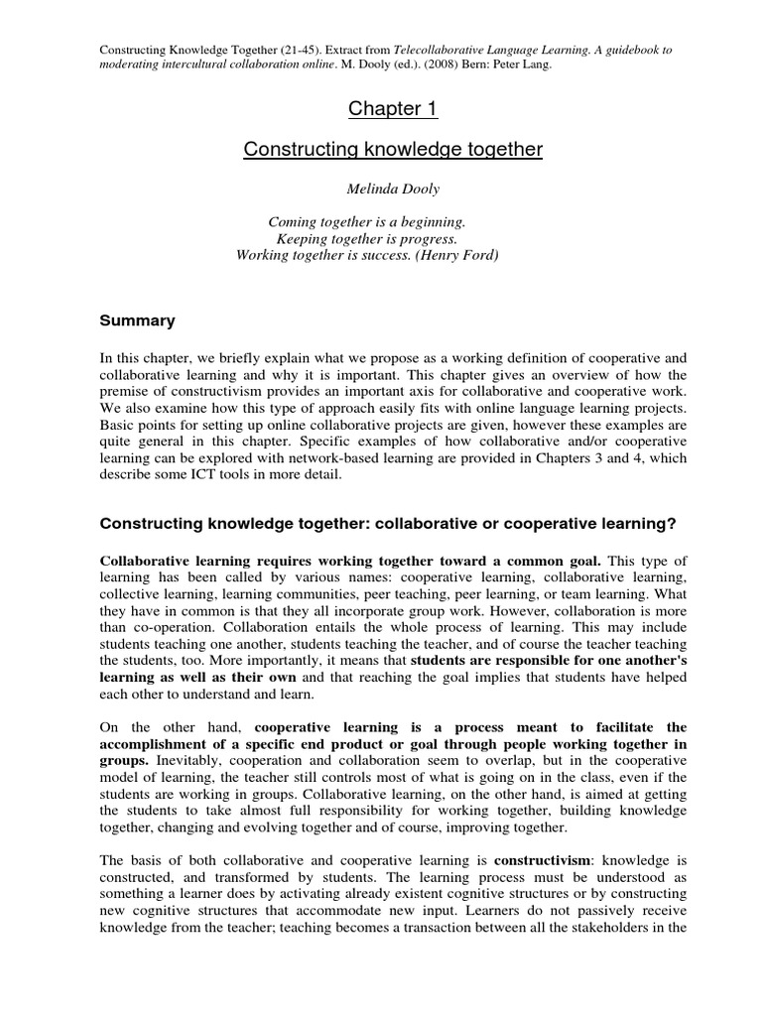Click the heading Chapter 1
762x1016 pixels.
click(x=381, y=108)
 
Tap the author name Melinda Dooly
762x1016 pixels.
click(x=381, y=189)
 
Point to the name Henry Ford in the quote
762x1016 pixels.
click(x=458, y=255)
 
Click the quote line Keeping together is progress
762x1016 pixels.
click(x=367, y=238)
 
